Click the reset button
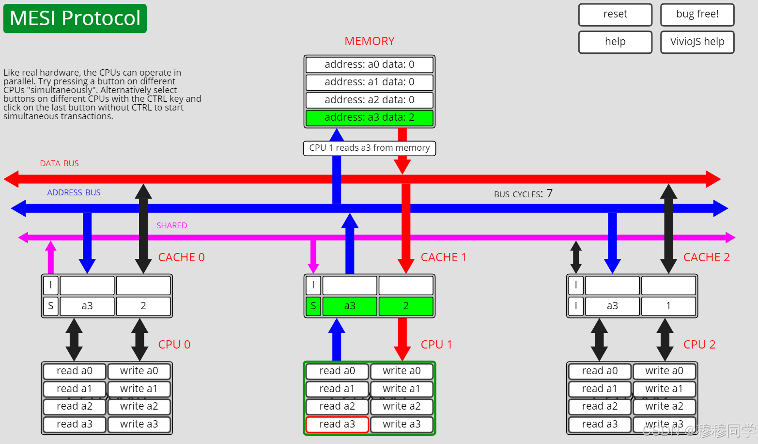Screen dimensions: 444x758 [615, 15]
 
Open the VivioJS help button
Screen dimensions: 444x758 [697, 42]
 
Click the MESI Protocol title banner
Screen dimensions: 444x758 [75, 18]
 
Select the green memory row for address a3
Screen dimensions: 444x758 [369, 117]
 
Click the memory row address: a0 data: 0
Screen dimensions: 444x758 [369, 64]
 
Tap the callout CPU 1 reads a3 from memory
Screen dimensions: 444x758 [369, 148]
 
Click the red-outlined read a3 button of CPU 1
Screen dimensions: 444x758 [337, 424]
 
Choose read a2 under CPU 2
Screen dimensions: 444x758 [599, 406]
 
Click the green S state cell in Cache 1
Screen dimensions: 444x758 [313, 306]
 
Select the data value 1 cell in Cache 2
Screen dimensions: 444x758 [668, 306]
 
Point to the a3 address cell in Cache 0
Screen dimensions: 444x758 [87, 306]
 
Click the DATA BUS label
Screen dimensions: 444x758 [59, 164]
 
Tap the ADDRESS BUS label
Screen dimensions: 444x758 [74, 192]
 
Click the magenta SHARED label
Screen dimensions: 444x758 [171, 225]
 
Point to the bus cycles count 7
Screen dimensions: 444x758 [549, 193]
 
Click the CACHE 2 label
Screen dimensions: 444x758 [706, 257]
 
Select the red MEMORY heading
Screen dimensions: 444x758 [369, 41]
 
